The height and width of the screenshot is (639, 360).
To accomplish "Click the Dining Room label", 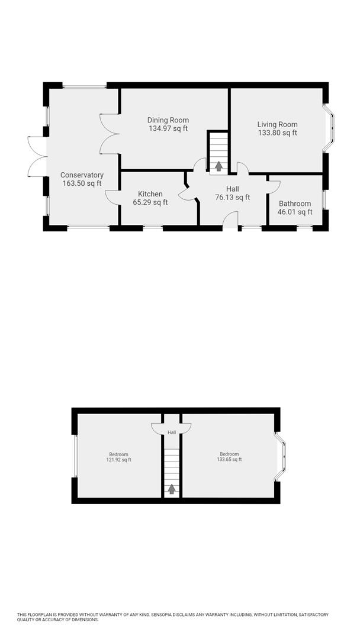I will click(168, 120).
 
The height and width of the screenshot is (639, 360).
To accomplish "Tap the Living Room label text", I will click(277, 124).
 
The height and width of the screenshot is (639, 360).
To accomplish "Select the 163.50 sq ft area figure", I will click(82, 183).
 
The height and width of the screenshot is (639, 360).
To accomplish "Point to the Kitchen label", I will click(150, 194).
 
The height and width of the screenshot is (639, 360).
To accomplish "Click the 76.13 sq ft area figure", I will click(232, 198).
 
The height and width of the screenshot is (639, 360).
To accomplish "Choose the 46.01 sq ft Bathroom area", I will click(294, 212).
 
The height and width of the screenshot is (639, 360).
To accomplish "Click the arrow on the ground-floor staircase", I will click(218, 166).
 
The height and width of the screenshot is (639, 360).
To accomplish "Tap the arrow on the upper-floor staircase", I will click(172, 489).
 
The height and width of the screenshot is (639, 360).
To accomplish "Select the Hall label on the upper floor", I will click(172, 433).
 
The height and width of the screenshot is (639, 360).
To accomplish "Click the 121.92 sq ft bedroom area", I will click(119, 460).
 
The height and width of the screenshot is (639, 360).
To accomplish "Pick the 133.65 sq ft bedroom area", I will click(229, 460).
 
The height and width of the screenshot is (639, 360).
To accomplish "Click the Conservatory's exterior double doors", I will click(37, 156).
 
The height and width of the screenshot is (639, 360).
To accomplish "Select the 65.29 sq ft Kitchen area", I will click(150, 202).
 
